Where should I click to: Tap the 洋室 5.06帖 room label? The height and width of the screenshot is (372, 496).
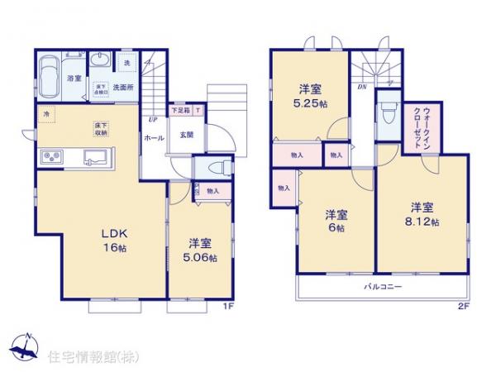201,250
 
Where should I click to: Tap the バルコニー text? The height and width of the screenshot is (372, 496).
384,286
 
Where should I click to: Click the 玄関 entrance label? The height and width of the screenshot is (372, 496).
186,134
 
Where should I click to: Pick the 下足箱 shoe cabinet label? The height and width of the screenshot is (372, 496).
180,110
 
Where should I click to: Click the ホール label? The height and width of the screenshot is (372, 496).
153,139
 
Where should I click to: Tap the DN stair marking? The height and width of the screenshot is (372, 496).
361,85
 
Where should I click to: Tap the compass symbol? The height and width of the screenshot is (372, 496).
25,344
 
